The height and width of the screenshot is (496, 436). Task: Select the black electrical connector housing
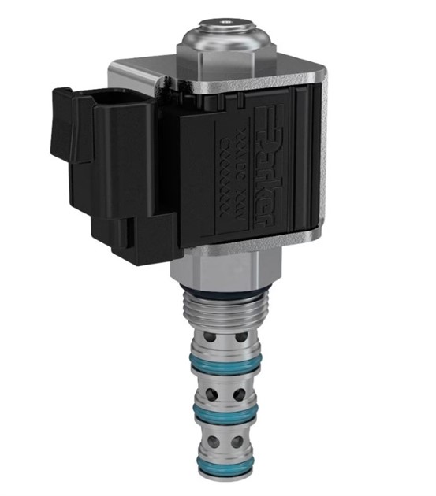tap(118, 165)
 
